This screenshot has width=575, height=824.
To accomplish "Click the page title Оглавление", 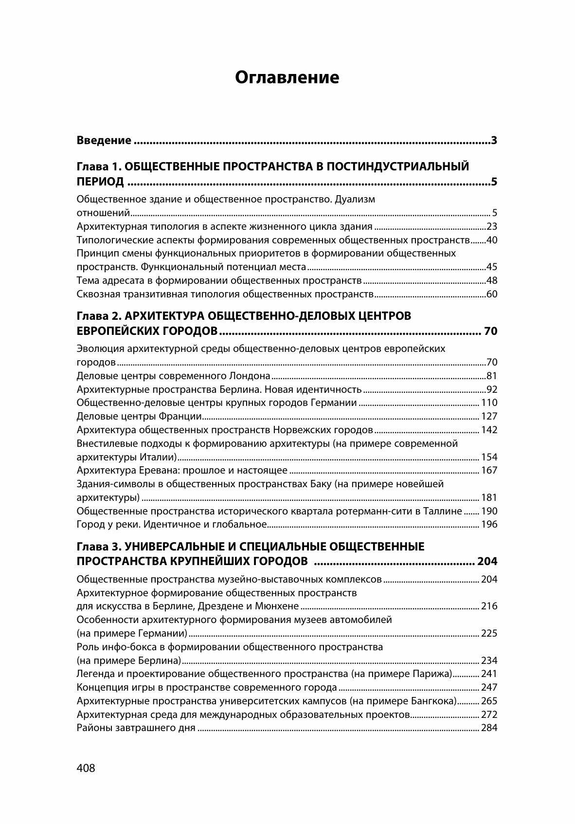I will click(287, 77).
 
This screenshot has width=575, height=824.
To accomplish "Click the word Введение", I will click(104, 141).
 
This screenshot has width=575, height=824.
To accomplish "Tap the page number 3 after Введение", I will click(494, 141).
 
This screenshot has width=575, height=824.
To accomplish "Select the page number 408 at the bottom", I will click(86, 768).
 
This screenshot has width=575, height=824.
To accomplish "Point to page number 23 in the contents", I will click(491, 226).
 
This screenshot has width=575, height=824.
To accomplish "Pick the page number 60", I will click(491, 294).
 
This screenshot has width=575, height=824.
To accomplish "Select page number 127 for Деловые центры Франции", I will click(489, 416).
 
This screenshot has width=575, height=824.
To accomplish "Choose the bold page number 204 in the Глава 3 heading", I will click(487, 561).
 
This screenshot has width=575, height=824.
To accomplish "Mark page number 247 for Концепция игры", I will click(489, 687).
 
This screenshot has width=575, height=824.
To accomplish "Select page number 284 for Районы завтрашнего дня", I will click(489, 728).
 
